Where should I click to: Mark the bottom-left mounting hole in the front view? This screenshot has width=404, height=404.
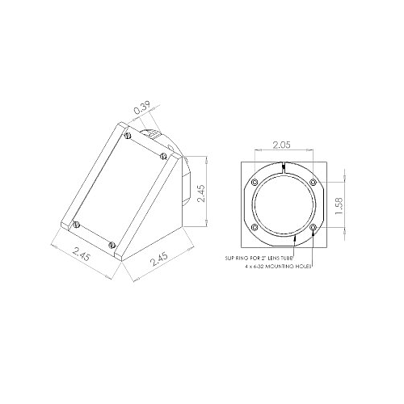coord(255,228)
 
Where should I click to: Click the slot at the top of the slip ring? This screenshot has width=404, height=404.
coord(284,166)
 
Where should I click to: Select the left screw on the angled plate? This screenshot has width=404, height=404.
coord(77,224)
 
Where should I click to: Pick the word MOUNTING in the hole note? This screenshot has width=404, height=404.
coord(284,265)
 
